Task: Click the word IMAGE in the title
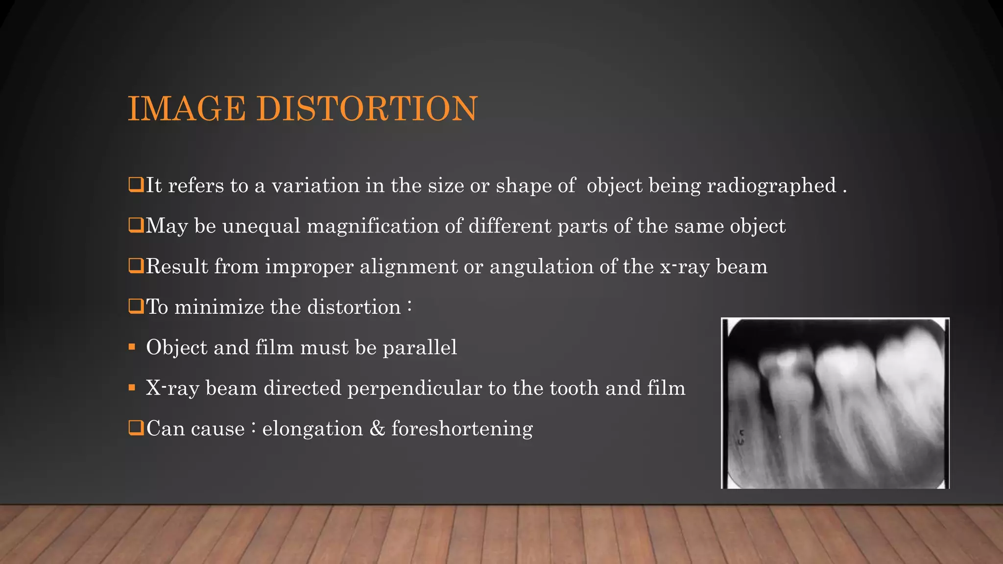coord(187,108)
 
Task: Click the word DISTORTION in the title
coord(367,108)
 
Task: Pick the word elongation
coord(312,429)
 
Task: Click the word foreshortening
coord(462,429)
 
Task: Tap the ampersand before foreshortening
coord(377,429)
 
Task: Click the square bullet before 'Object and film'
coord(132,347)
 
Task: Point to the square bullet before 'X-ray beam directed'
coord(132,388)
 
